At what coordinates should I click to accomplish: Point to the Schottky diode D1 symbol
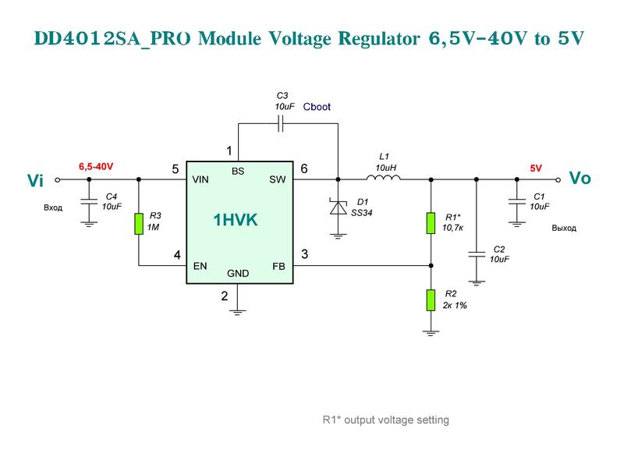(338, 207)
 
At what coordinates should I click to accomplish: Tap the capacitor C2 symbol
(474, 253)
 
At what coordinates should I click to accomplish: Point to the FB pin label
(278, 267)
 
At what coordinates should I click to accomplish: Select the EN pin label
(200, 267)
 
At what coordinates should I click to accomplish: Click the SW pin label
(278, 179)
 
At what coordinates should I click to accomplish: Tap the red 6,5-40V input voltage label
(96, 167)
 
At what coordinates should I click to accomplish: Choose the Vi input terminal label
(37, 180)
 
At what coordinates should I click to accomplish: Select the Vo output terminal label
(580, 179)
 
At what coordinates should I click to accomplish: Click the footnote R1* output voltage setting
(386, 420)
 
